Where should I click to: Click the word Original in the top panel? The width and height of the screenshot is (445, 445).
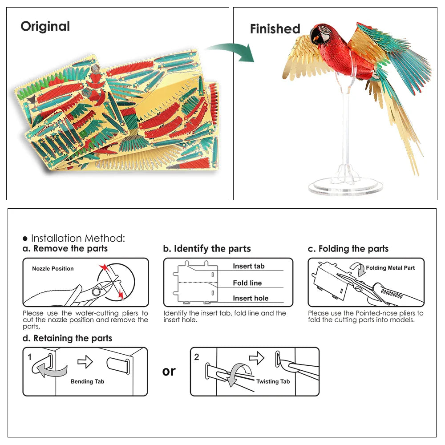tap(45, 26)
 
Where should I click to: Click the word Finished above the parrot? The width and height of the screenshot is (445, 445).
tap(275, 29)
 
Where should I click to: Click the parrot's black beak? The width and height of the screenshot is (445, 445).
tap(315, 36)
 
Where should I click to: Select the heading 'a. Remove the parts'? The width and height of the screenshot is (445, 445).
tap(65, 249)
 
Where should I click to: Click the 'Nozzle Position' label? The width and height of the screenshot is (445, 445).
tap(53, 269)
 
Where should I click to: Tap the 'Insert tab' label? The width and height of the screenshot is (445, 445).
tap(248, 266)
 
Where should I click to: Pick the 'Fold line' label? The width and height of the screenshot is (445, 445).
tap(247, 283)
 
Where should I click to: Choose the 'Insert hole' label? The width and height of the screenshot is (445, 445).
tap(250, 299)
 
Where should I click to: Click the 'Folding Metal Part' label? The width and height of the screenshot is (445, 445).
tap(390, 268)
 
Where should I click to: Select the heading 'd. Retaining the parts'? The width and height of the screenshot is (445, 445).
tap(67, 339)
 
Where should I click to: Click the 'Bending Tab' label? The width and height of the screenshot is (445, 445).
tap(87, 381)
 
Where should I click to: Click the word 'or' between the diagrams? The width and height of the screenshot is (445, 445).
tap(169, 371)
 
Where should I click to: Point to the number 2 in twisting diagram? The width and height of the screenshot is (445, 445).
tap(197, 357)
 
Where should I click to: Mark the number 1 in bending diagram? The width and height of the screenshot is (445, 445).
tap(29, 357)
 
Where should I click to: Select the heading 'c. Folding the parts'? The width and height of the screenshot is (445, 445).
tap(348, 249)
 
